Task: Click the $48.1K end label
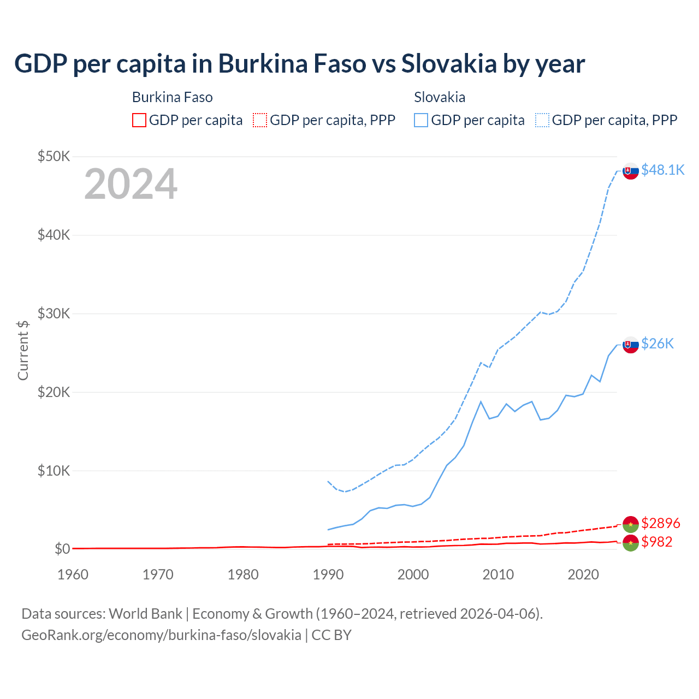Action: point(662,170)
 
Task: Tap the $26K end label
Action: point(657,343)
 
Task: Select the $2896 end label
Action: point(661,523)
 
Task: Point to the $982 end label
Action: point(657,541)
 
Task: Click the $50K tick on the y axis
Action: point(54,156)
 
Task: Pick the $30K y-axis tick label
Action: point(54,313)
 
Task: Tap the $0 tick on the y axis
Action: point(62,549)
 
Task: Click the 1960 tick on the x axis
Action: point(73,574)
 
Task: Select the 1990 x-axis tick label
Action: point(328,574)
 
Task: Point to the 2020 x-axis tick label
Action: point(583,574)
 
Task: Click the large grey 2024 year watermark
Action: point(131,184)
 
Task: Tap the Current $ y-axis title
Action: point(23,350)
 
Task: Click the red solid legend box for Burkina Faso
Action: point(139,120)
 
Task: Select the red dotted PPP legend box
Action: point(260,120)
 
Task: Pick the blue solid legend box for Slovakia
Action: point(421,120)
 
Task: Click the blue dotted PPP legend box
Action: point(542,120)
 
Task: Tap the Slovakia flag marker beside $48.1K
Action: point(631,171)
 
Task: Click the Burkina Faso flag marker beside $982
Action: point(631,543)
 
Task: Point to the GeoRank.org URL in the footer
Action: point(161,635)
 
